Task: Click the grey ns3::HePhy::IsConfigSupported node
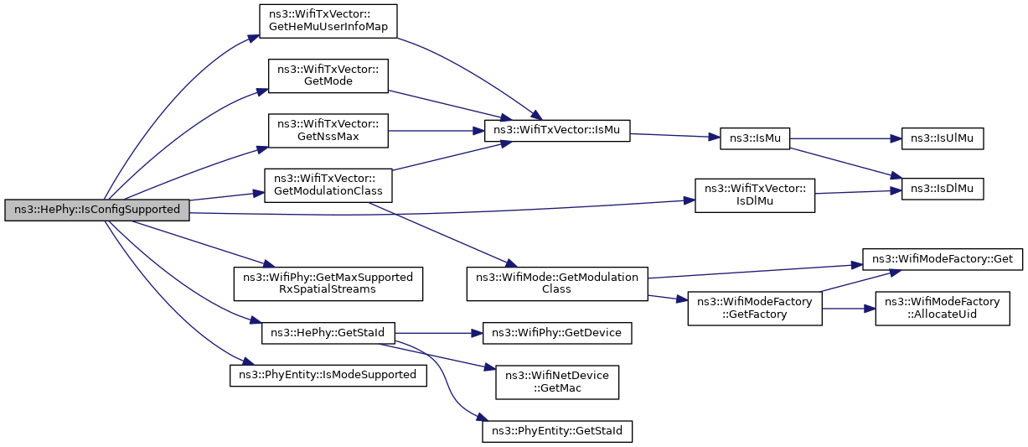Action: [97, 210]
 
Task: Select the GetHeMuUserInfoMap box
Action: [328, 21]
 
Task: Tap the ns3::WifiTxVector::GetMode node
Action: [328, 75]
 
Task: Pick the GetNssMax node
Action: [328, 131]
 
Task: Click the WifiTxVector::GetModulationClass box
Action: [328, 185]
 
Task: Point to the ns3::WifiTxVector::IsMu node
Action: [557, 131]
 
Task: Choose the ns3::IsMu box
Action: [755, 138]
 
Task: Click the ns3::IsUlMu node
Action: [943, 138]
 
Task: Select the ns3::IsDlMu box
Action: [943, 189]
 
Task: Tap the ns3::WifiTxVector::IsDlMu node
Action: [755, 195]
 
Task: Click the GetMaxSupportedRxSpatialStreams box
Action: [328, 284]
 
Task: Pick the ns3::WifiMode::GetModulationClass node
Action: [557, 284]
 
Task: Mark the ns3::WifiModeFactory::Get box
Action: [943, 260]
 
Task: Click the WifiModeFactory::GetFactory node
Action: [755, 309]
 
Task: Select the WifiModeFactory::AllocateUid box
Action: [943, 309]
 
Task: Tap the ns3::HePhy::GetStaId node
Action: [328, 333]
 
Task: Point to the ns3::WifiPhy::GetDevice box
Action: [557, 333]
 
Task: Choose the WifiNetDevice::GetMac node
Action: [557, 382]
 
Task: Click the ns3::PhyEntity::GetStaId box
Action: [557, 431]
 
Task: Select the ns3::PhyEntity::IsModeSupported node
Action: [328, 376]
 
